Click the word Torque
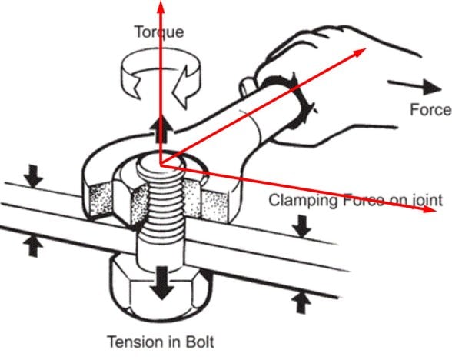(x=159, y=32)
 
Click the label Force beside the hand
(x=430, y=109)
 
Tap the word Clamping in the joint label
(x=303, y=201)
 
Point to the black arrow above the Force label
(x=414, y=86)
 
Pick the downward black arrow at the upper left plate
(x=34, y=175)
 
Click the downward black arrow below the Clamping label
(x=301, y=226)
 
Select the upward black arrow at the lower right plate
(x=301, y=302)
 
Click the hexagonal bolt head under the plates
(x=161, y=292)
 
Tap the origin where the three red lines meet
(x=160, y=165)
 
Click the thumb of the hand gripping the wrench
(x=248, y=85)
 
